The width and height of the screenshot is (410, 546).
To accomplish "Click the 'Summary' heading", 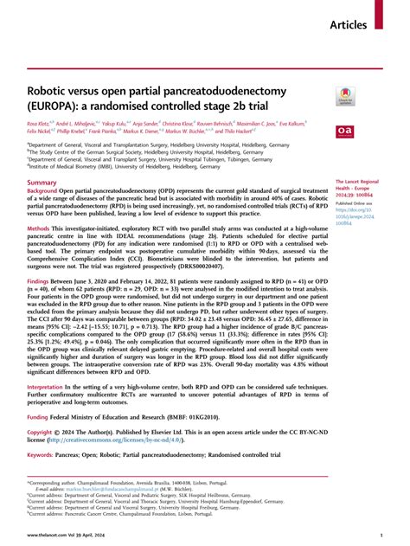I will [x=42, y=183].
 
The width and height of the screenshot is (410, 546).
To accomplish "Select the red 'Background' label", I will [x=45, y=194].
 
